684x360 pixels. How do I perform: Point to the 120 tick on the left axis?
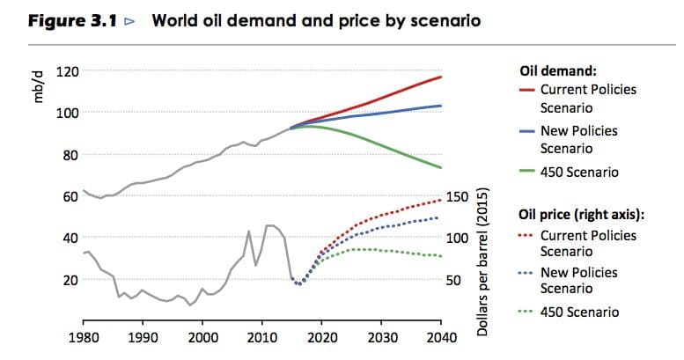67,70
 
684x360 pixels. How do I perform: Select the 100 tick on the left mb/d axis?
67,113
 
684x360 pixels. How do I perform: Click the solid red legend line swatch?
526,90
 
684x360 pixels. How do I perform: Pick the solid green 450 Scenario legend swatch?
526,172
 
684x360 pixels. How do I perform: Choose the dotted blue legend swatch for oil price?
526,273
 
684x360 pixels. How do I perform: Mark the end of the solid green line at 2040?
441,168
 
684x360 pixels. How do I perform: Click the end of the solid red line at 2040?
441,77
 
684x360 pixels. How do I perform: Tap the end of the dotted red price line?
440,200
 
